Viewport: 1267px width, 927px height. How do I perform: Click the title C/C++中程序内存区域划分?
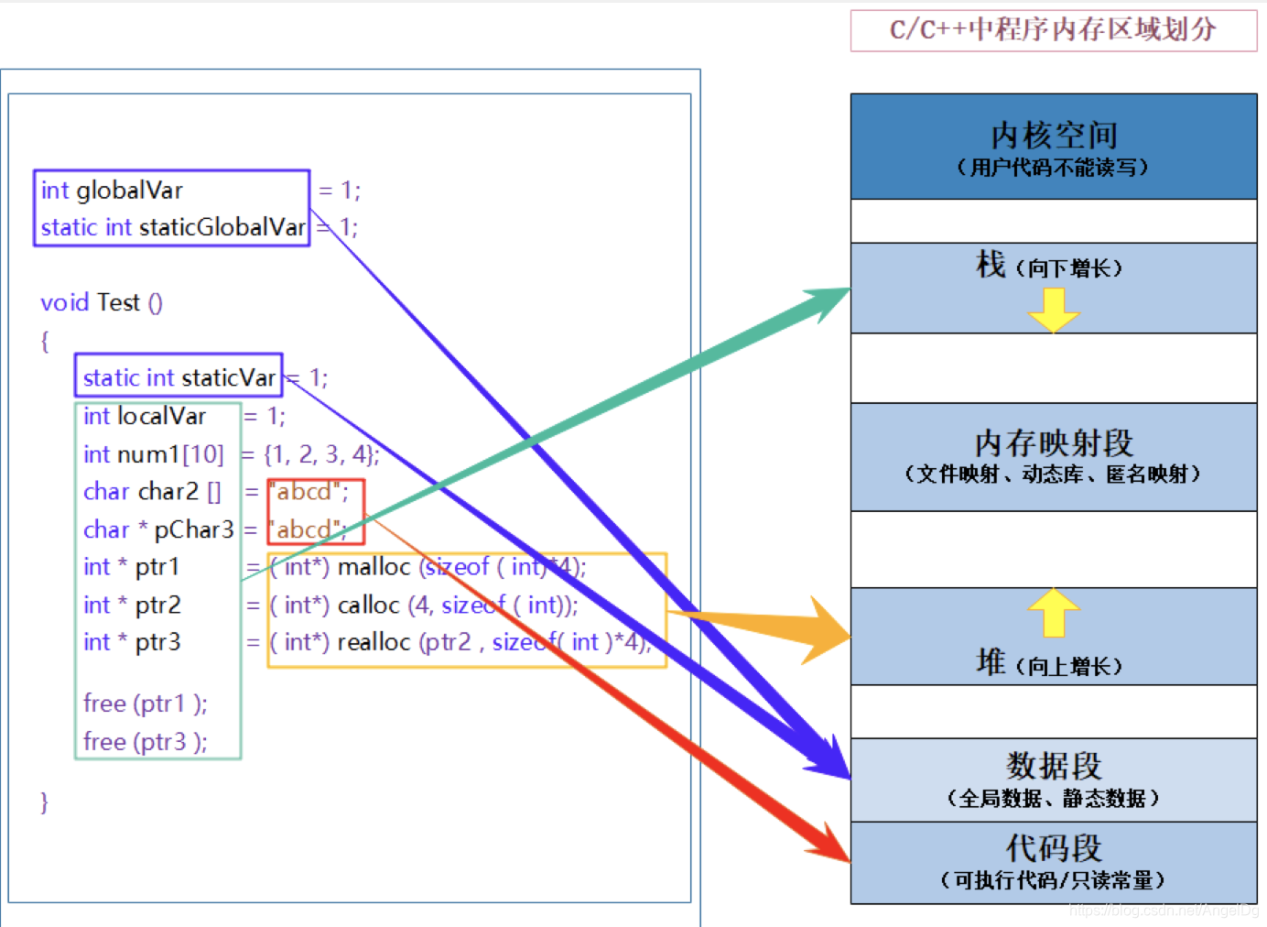[1053, 30]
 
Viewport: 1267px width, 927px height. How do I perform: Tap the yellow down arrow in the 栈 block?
[1054, 310]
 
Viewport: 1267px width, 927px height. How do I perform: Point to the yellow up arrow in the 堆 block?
[1054, 611]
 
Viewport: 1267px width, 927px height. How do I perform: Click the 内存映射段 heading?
[1054, 443]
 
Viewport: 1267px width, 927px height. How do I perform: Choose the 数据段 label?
[1054, 766]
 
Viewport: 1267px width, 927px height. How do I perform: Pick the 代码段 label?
[1054, 848]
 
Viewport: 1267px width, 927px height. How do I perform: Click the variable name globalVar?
[129, 191]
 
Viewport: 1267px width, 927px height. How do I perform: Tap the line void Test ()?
[102, 302]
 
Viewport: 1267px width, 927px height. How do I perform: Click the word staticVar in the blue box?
[228, 377]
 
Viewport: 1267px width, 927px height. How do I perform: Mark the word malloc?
[374, 567]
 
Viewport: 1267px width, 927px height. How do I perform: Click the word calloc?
[368, 605]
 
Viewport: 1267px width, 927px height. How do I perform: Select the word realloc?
[374, 642]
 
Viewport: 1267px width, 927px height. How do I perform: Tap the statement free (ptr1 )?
[145, 703]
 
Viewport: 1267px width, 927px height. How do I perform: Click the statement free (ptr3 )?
[145, 741]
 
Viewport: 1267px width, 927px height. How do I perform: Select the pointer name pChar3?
[193, 529]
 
